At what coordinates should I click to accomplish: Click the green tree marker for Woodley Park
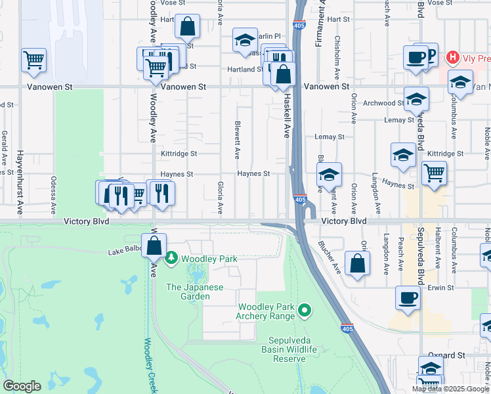(x=172, y=259)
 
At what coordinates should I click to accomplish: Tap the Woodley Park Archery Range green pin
(x=304, y=309)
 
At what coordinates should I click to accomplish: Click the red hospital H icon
(x=452, y=58)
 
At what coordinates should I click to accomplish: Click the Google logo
(x=22, y=386)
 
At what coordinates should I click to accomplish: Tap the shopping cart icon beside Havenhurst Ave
(x=33, y=60)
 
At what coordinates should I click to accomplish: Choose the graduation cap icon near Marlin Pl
(x=244, y=40)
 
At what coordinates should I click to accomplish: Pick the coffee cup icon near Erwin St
(x=408, y=298)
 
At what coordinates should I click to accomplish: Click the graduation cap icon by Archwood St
(x=416, y=99)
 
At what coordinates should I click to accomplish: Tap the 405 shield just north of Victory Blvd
(x=299, y=199)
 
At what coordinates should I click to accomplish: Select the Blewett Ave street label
(x=237, y=139)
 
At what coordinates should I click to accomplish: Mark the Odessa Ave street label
(x=54, y=196)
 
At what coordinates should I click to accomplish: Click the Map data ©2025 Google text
(x=450, y=389)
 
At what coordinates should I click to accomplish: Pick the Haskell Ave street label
(x=286, y=115)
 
